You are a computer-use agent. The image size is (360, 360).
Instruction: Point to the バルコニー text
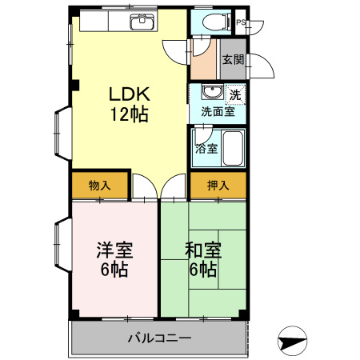point(159,338)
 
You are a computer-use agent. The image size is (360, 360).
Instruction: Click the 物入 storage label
point(99,186)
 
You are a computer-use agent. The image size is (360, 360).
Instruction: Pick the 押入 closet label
point(218,186)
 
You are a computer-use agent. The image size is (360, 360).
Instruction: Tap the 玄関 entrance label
point(233,59)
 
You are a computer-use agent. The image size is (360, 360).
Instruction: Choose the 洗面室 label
point(218,112)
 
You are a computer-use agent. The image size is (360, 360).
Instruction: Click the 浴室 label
point(206,148)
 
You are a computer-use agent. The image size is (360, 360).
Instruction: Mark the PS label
point(241,22)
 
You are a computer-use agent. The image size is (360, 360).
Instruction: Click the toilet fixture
point(212,22)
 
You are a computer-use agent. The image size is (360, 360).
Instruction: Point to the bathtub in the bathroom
point(233,148)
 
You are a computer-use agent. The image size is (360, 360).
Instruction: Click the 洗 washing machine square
point(235,94)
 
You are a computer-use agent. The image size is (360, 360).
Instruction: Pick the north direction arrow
point(292,341)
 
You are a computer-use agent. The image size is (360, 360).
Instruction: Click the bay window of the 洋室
point(61,245)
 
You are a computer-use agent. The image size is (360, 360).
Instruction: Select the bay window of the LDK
point(61,131)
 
